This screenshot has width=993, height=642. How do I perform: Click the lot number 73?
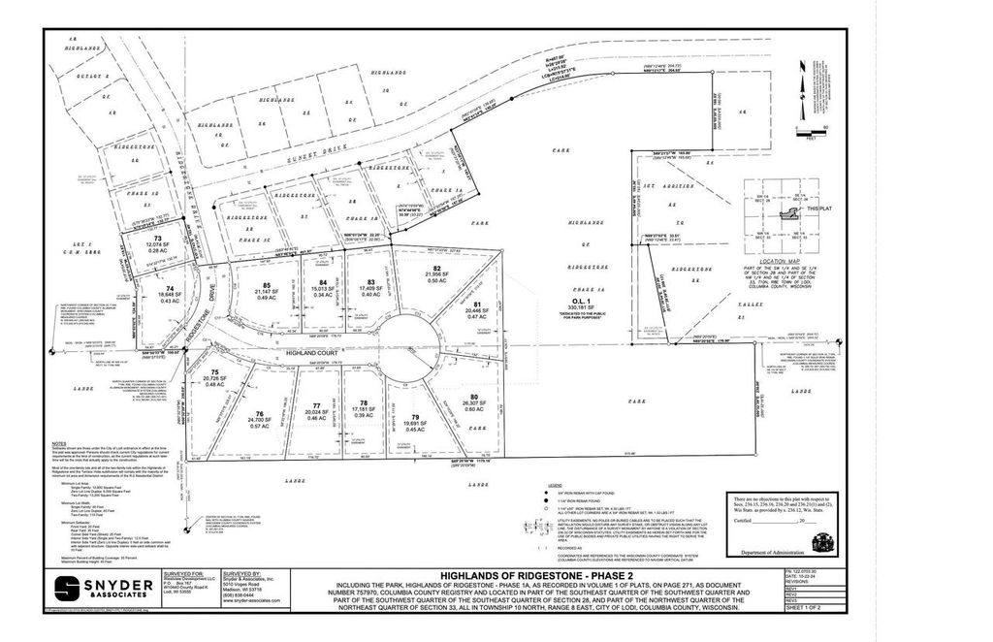pos(157,238)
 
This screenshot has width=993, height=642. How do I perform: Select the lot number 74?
pos(171,288)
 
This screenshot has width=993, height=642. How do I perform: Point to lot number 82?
pos(437,268)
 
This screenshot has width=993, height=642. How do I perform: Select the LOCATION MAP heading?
pos(787,263)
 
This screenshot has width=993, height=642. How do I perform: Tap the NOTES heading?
pos(59,443)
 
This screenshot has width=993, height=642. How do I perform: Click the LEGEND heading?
pos(556,482)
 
